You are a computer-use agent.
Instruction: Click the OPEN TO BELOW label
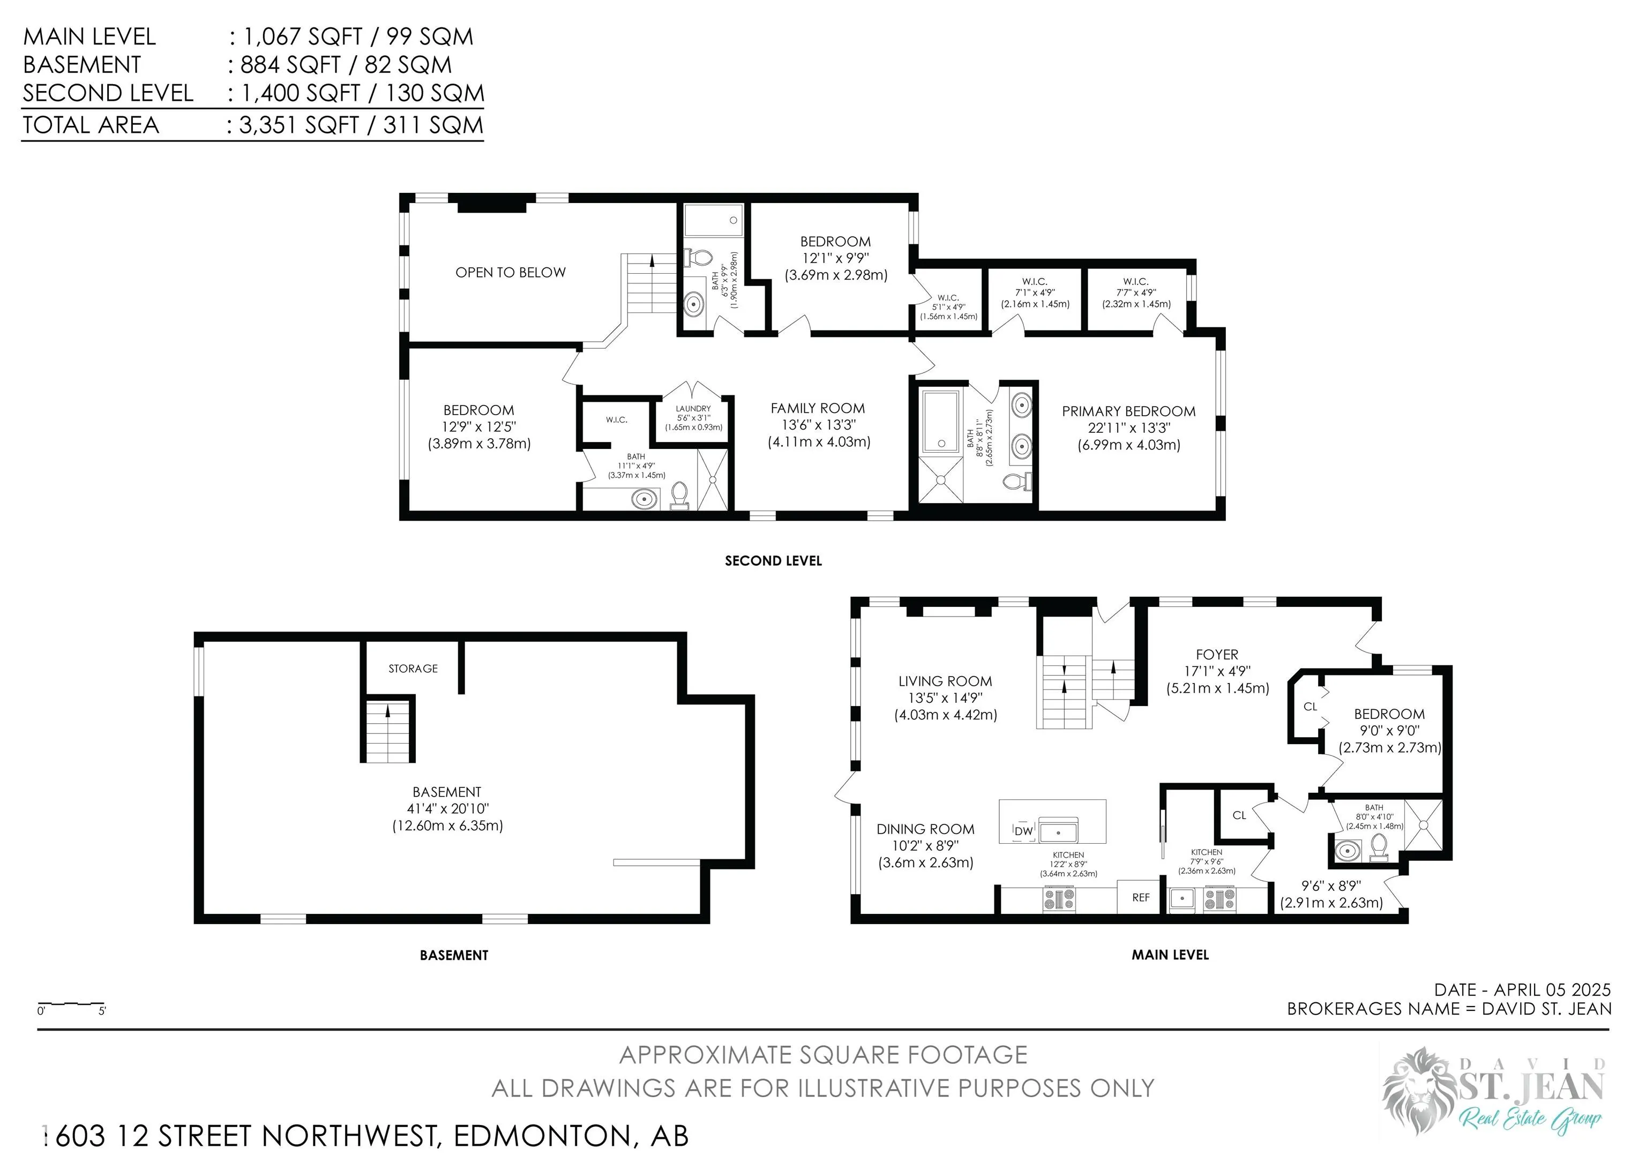(511, 272)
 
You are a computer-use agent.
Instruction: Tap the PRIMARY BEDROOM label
(1128, 411)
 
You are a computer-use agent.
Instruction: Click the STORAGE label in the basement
(413, 669)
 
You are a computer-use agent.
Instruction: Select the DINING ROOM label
(925, 829)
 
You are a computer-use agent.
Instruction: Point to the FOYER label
(1217, 654)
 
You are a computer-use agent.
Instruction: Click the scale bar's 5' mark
(102, 1011)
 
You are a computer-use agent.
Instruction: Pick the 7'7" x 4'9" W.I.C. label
(1136, 292)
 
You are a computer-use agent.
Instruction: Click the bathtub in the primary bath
(940, 421)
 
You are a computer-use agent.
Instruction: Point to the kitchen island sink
(1058, 832)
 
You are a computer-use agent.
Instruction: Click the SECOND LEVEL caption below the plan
(773, 561)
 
